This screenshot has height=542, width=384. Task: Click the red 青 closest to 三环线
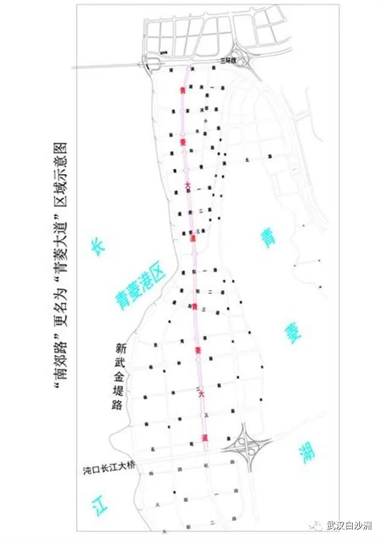(183, 90)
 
